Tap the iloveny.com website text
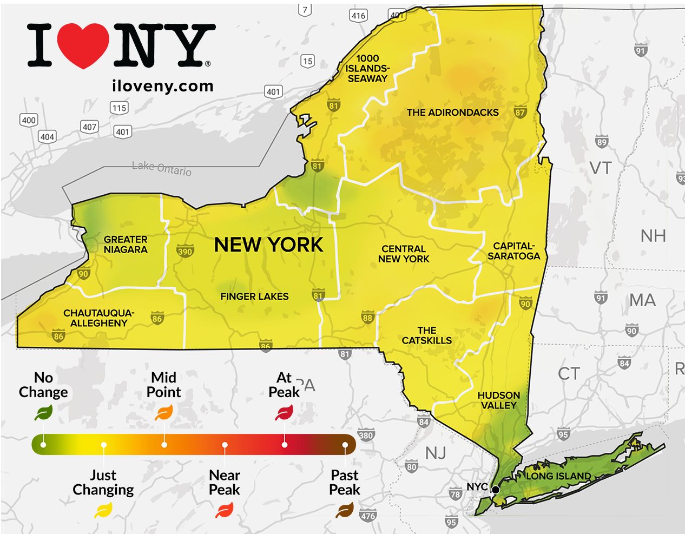[162, 86]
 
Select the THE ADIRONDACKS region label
[452, 113]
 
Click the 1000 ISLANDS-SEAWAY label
[367, 68]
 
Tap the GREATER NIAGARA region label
[126, 245]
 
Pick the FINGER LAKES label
[254, 296]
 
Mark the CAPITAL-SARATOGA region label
[513, 251]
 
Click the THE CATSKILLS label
[426, 335]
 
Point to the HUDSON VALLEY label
[498, 400]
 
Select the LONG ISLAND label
[558, 476]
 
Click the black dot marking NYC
[495, 490]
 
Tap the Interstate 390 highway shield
[185, 251]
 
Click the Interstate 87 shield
[520, 112]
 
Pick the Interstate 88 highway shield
[367, 318]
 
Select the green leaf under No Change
[43, 414]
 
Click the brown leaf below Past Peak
[345, 510]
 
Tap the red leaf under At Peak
[284, 414]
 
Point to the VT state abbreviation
[601, 168]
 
